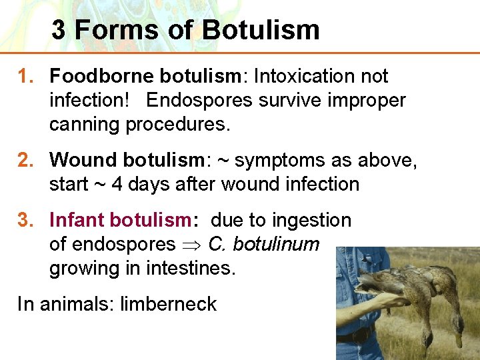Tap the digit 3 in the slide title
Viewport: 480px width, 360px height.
[x=59, y=30]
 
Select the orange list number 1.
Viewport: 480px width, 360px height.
[x=26, y=77]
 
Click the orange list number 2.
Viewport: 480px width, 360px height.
[x=26, y=160]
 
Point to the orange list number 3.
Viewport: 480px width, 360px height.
[x=26, y=220]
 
